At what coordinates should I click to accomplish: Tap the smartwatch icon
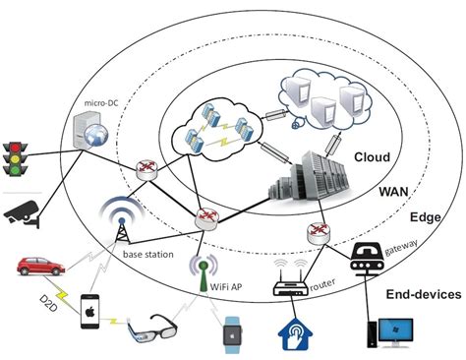tap(233, 332)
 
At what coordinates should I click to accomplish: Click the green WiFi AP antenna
tap(204, 267)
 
